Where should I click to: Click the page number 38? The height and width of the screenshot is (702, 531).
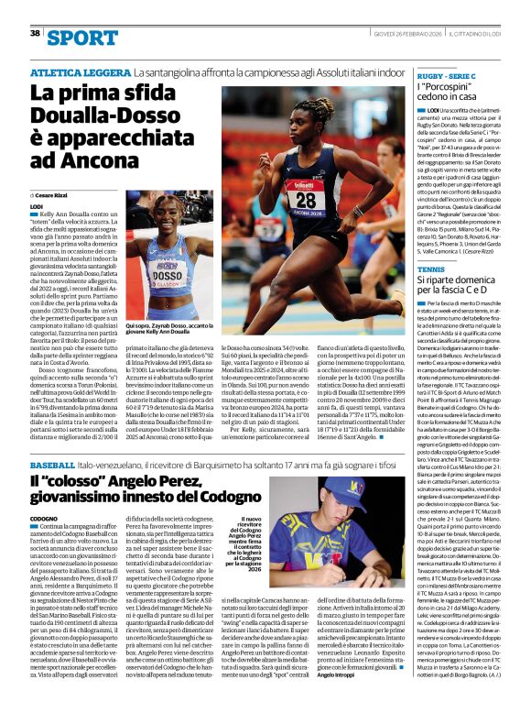35,33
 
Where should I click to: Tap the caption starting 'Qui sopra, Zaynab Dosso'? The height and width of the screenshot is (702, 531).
177,327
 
